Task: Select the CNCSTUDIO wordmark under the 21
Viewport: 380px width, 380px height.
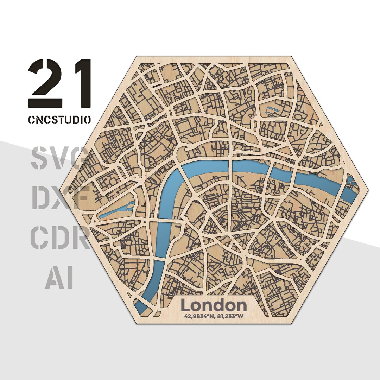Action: pos(59,119)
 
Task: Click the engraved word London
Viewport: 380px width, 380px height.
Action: pos(214,305)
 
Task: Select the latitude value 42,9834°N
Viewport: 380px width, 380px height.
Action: pos(198,316)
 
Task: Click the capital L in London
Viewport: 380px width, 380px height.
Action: pos(185,305)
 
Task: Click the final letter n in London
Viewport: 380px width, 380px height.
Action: pos(241,306)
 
